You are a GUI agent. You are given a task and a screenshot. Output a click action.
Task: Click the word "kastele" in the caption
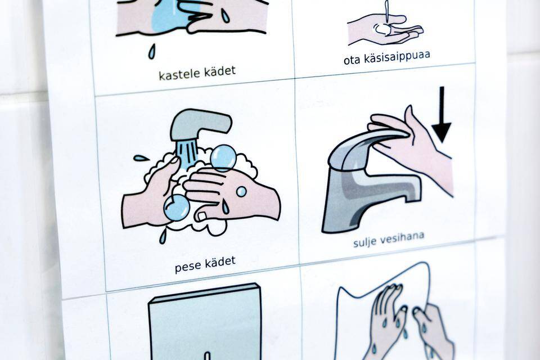(179, 74)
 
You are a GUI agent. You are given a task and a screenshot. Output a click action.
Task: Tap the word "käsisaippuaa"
(399, 57)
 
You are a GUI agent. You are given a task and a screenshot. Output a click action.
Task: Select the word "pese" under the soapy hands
(188, 266)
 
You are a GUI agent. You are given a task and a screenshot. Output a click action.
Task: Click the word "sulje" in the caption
(364, 241)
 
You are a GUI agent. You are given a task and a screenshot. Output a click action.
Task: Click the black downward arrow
(441, 115)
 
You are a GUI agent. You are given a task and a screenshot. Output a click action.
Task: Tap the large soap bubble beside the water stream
(223, 158)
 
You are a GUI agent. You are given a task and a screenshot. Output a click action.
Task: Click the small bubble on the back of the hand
(241, 192)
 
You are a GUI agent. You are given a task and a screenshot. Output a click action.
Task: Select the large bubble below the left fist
(176, 208)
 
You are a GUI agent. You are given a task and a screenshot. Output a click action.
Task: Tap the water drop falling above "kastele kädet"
(151, 51)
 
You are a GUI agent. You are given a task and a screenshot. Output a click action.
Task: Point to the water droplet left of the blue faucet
(141, 158)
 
